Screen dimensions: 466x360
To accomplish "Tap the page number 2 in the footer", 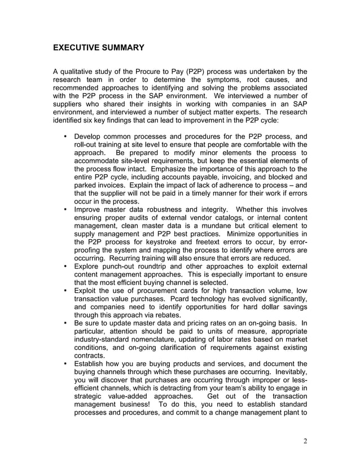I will coord(305,441).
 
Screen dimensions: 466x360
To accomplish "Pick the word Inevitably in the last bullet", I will coord(287,372).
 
